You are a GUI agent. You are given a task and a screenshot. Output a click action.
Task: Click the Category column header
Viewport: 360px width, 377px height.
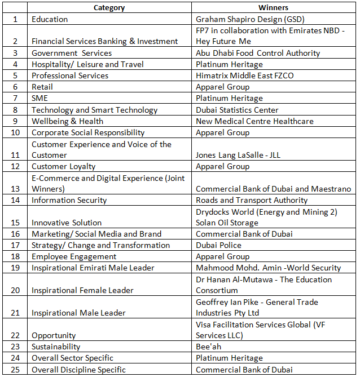tap(109, 8)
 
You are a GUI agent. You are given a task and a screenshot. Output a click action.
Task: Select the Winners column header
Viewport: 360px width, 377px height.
tap(273, 8)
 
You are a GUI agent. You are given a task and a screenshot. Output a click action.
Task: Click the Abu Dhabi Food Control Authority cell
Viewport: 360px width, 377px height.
tap(258, 53)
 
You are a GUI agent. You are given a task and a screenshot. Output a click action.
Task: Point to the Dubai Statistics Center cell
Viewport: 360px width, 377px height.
tap(237, 110)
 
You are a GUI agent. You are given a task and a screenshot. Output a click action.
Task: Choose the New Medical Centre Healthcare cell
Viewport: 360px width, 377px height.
tap(254, 121)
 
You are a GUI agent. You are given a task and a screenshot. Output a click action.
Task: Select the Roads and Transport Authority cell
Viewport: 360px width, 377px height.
tap(252, 200)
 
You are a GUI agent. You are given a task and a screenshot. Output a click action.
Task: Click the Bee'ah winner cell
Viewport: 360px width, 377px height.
tap(209, 347)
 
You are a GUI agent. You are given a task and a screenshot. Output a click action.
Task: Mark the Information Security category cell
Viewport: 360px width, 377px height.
tap(69, 200)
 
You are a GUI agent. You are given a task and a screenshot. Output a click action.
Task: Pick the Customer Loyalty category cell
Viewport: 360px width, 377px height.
tap(63, 166)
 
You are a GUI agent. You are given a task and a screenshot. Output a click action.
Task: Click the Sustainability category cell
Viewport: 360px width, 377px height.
tap(56, 347)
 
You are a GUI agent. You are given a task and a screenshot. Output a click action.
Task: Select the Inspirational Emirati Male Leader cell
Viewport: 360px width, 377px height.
tap(93, 268)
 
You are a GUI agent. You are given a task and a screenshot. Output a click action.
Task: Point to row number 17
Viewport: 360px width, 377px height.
tap(15, 245)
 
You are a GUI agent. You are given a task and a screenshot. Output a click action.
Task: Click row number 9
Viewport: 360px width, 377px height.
tap(15, 121)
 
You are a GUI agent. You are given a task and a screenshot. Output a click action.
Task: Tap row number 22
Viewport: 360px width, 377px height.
tap(15, 335)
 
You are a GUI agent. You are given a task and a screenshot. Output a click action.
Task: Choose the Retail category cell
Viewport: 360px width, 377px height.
tap(42, 87)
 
